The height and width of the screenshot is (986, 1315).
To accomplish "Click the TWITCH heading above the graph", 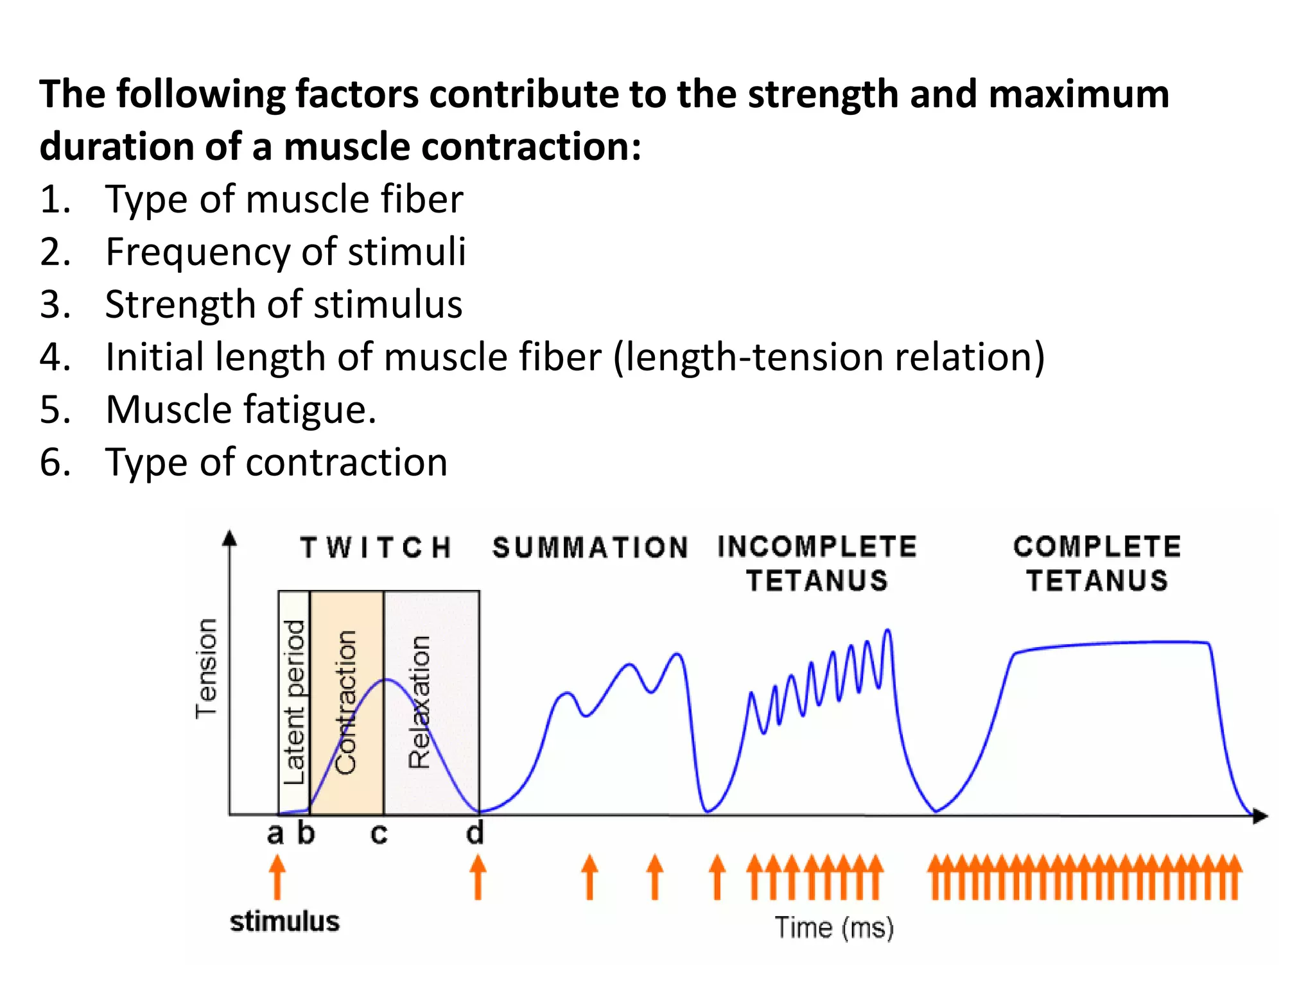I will pyautogui.click(x=376, y=548).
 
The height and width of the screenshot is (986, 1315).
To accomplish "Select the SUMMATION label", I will pyautogui.click(x=590, y=548).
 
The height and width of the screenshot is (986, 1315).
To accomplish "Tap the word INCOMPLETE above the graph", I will pyautogui.click(x=817, y=546).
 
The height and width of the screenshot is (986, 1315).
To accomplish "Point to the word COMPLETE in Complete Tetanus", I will pyautogui.click(x=1097, y=546).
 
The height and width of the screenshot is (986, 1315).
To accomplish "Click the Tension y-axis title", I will pyautogui.click(x=207, y=668).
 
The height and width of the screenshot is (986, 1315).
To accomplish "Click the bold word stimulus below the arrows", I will pyautogui.click(x=284, y=921).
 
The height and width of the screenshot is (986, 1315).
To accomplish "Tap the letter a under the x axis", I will pyautogui.click(x=275, y=834).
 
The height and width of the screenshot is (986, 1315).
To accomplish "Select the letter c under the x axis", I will pyautogui.click(x=379, y=834).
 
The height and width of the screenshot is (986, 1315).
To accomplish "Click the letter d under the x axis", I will pyautogui.click(x=475, y=833).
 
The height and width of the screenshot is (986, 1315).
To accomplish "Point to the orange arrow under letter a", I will pyautogui.click(x=277, y=878).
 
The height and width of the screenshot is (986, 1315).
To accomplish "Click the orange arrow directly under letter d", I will pyautogui.click(x=478, y=878).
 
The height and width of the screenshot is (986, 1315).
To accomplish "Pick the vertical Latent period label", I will pyautogui.click(x=294, y=702).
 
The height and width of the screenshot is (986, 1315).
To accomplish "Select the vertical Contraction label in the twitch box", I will pyautogui.click(x=346, y=702).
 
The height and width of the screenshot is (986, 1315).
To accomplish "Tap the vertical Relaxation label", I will pyautogui.click(x=419, y=702).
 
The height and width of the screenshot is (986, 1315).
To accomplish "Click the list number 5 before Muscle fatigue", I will pyautogui.click(x=55, y=410).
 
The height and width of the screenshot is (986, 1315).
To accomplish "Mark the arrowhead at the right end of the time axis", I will pyautogui.click(x=1260, y=815).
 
